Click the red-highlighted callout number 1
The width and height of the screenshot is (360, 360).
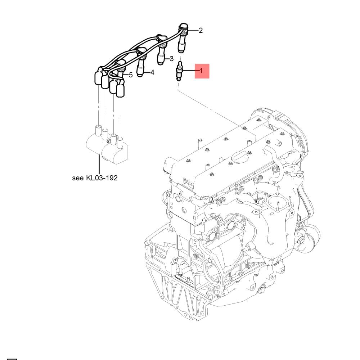coord(201,71)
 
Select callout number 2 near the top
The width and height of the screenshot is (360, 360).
coord(201,30)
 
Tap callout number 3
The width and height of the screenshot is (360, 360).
coord(171,59)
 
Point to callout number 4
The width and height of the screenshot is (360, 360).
coord(152,73)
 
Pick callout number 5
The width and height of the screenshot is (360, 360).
coord(131,75)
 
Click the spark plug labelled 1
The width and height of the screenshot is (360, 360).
coord(179,71)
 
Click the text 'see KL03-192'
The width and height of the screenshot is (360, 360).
coord(95,178)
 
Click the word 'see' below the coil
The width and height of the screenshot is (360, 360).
coord(78,178)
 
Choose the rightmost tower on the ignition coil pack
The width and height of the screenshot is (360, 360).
coord(120,142)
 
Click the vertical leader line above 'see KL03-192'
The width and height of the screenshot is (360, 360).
coord(99,164)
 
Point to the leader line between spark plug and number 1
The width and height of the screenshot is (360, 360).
coord(190,71)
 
